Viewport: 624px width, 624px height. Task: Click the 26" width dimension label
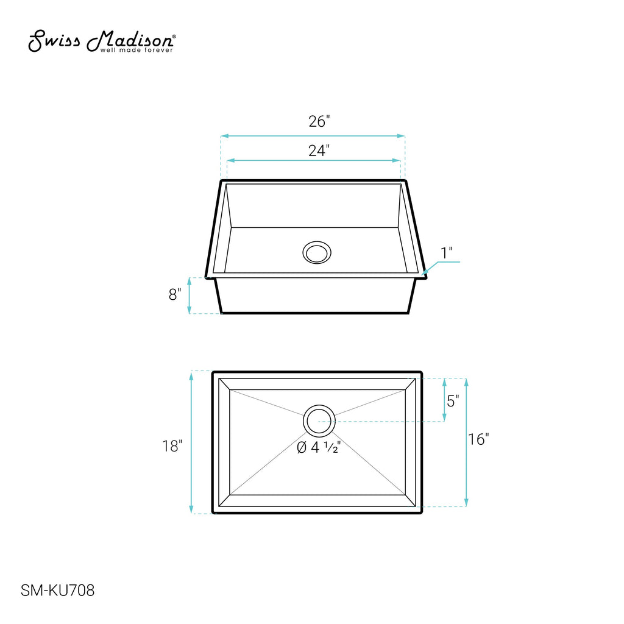(319, 121)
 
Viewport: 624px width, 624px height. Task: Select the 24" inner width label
(319, 151)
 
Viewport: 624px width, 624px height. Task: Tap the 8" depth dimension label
(175, 294)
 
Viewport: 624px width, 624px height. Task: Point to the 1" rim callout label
(447, 253)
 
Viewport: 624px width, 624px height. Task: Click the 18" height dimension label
(172, 446)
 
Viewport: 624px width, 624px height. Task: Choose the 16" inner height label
(478, 439)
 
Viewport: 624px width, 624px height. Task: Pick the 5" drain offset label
(453, 401)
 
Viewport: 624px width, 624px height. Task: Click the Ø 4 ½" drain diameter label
(319, 447)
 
